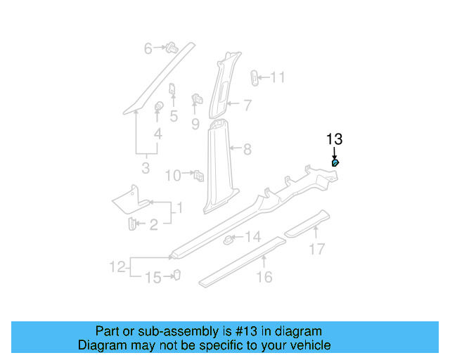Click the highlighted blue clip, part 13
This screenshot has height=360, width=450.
click(x=335, y=164)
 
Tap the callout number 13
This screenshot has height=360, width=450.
click(x=334, y=139)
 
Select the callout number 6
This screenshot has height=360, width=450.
click(x=148, y=49)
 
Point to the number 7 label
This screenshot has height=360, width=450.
click(x=247, y=105)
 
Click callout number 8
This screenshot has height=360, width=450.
click(x=247, y=149)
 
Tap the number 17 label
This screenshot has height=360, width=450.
click(x=317, y=248)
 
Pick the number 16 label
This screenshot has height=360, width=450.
click(x=264, y=277)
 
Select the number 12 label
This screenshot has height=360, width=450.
click(x=117, y=267)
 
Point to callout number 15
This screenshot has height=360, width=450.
click(x=153, y=278)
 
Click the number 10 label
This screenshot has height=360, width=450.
click(x=173, y=175)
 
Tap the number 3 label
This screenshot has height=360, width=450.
click(x=146, y=168)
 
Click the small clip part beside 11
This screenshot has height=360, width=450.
click(x=255, y=77)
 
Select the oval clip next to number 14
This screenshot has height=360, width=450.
click(x=229, y=240)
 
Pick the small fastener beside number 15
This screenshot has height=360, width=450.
click(x=176, y=274)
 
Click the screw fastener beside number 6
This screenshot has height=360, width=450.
click(x=170, y=48)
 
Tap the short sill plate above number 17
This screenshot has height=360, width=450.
click(x=305, y=222)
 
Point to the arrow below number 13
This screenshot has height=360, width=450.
click(x=334, y=152)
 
